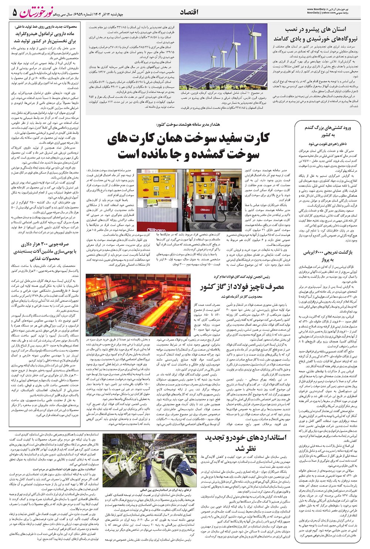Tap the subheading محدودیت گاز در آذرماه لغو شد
(x=244, y=297)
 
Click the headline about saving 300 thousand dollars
(x=44, y=251)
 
